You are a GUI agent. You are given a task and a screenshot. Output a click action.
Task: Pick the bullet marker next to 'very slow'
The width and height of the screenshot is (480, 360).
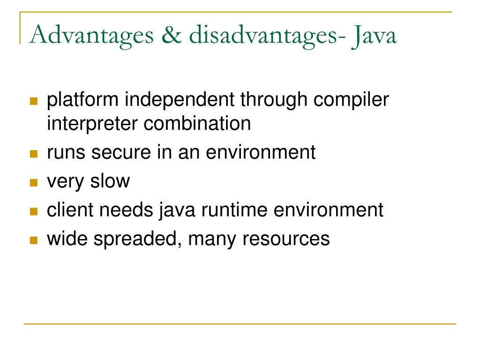33,183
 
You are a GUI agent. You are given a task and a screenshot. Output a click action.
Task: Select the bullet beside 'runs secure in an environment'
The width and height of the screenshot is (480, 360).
33,154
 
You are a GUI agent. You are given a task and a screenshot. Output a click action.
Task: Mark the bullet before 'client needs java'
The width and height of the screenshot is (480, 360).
33,211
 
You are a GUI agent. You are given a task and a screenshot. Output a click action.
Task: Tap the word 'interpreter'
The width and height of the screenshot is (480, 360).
92,124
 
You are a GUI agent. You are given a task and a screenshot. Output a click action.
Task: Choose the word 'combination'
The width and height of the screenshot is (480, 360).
197,124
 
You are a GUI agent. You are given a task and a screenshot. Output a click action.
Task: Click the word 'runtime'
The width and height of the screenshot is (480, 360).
235,210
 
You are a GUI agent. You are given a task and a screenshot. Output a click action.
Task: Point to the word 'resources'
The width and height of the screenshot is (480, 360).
286,239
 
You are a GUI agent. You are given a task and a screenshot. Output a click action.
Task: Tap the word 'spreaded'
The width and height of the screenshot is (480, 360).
139,239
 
